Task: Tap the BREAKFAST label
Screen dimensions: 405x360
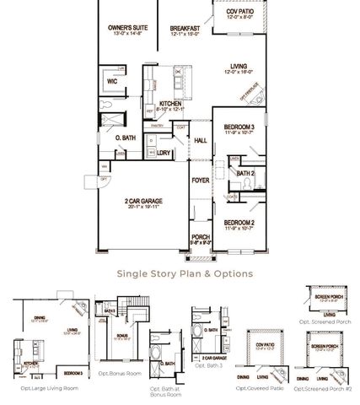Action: click(184, 27)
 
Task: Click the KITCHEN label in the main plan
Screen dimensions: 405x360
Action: click(171, 104)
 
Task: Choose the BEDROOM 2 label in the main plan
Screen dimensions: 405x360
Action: click(239, 222)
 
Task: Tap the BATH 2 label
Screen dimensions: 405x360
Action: click(244, 172)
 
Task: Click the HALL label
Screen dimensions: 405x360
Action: click(201, 140)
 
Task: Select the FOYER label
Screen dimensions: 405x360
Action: click(201, 180)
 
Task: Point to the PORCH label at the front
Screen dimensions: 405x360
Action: click(201, 236)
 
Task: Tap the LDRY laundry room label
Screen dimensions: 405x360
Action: click(165, 153)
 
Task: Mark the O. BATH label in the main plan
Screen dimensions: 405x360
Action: click(125, 136)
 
